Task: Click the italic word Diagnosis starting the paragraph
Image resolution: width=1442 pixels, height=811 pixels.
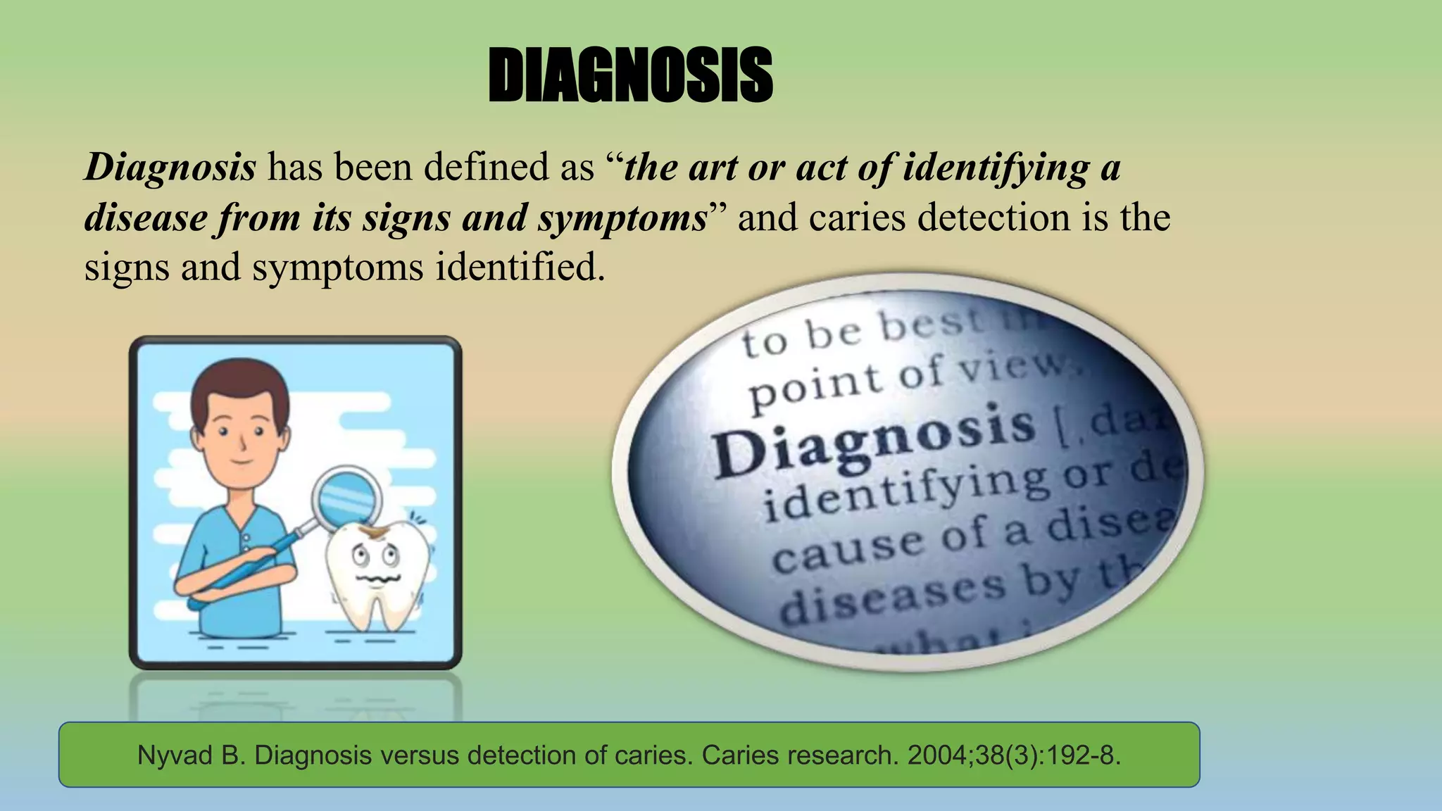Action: (170, 168)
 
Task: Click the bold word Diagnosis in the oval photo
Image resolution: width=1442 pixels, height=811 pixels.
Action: (873, 440)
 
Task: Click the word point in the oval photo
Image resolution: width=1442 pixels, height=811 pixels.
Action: (817, 387)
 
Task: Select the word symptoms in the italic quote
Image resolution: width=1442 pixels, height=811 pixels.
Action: (622, 218)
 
